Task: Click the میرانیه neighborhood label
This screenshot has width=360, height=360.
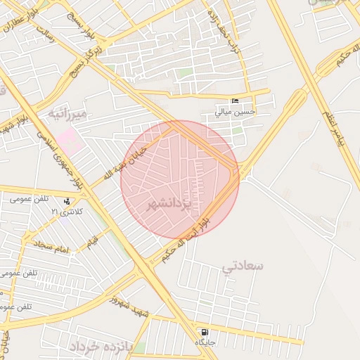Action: tap(67, 113)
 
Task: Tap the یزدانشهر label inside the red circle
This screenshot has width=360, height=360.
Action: tap(169, 205)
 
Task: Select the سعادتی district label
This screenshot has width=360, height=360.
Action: tap(243, 266)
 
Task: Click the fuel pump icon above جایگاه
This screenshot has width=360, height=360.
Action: tap(204, 332)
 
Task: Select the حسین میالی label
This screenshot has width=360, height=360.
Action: tap(236, 112)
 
